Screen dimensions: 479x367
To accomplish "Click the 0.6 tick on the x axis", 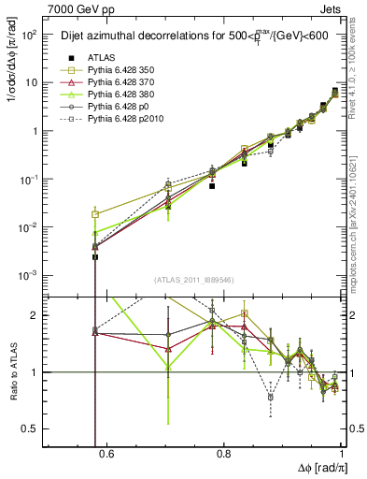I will (x=106, y=455).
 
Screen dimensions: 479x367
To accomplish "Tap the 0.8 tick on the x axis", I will (x=224, y=455).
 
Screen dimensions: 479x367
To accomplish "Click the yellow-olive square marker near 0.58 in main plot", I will (x=95, y=214).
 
